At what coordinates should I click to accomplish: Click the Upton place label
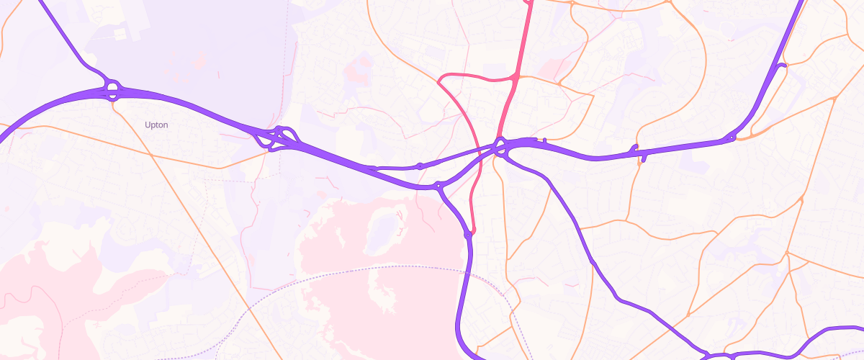click(x=156, y=125)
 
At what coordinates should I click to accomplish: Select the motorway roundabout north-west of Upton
click(x=112, y=89)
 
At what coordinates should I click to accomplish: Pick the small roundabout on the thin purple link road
click(x=420, y=166)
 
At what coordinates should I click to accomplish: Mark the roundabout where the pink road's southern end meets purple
click(x=469, y=233)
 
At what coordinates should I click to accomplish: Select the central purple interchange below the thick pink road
click(x=501, y=148)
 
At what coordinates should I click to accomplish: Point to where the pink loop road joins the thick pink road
click(x=516, y=76)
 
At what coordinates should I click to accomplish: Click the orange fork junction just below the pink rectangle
click(x=559, y=84)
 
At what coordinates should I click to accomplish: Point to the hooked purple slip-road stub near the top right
click(x=781, y=66)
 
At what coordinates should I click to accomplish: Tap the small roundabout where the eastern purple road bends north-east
click(x=732, y=137)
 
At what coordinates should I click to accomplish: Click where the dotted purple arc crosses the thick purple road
click(x=466, y=272)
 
